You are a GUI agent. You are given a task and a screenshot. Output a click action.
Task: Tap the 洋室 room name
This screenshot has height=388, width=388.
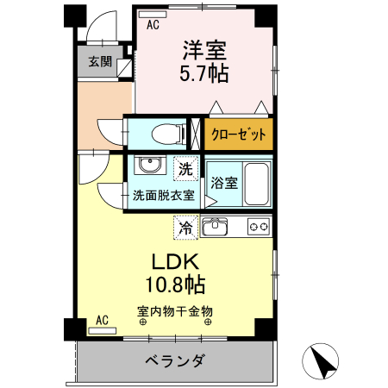[x=203, y=49]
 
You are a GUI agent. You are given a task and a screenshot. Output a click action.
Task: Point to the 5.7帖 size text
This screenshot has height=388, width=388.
[x=203, y=74]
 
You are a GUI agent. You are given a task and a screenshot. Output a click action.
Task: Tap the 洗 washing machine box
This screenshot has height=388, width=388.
[x=186, y=166]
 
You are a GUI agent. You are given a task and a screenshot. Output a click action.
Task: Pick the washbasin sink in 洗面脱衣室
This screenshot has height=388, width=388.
[x=150, y=166]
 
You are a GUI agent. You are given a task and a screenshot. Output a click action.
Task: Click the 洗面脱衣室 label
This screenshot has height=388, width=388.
[x=163, y=196]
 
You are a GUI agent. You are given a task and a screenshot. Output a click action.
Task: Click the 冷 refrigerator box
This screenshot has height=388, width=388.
[x=185, y=228]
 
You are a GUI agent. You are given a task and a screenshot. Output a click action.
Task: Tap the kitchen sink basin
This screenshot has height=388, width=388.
[x=216, y=228]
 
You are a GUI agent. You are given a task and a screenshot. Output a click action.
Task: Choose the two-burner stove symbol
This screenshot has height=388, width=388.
[x=259, y=228]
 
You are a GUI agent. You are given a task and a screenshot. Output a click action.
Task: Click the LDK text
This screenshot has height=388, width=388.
[x=176, y=261]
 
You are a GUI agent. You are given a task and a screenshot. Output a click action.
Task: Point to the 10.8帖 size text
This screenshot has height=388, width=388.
[x=176, y=284]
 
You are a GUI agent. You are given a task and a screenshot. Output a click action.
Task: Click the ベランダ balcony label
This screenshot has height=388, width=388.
[x=174, y=361]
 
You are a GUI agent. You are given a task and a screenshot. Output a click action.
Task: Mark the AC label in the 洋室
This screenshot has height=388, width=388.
[x=153, y=25]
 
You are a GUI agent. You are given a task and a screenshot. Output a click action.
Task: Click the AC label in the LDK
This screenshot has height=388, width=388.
[x=102, y=321]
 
